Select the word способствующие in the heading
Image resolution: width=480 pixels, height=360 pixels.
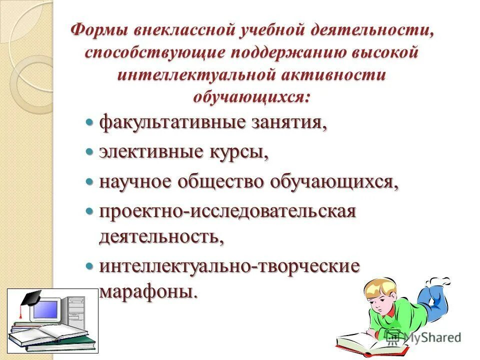coord(149,52)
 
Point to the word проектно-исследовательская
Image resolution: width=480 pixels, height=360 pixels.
coord(227,211)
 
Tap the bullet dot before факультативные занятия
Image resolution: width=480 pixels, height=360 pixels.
coord(90,122)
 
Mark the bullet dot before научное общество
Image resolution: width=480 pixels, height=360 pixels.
coord(90,181)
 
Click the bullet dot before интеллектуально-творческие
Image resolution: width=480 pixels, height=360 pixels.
coord(90,265)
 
